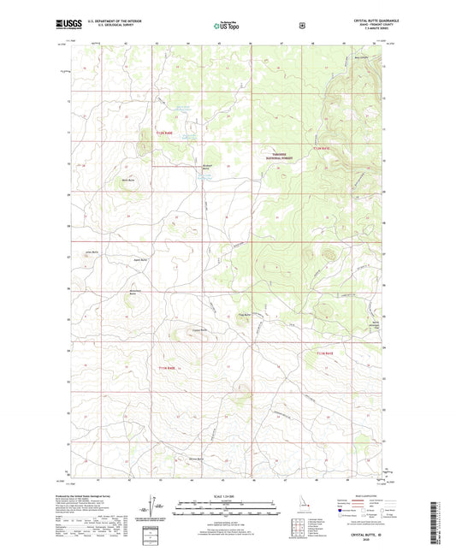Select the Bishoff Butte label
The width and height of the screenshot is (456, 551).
tap(206, 168)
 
